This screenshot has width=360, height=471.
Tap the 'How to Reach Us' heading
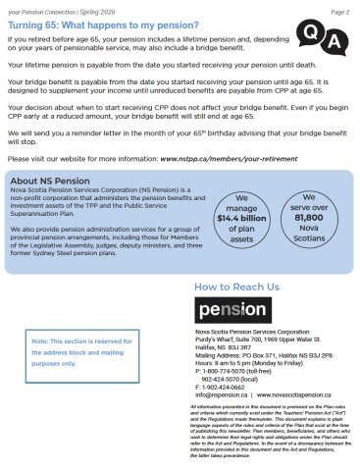236,287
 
